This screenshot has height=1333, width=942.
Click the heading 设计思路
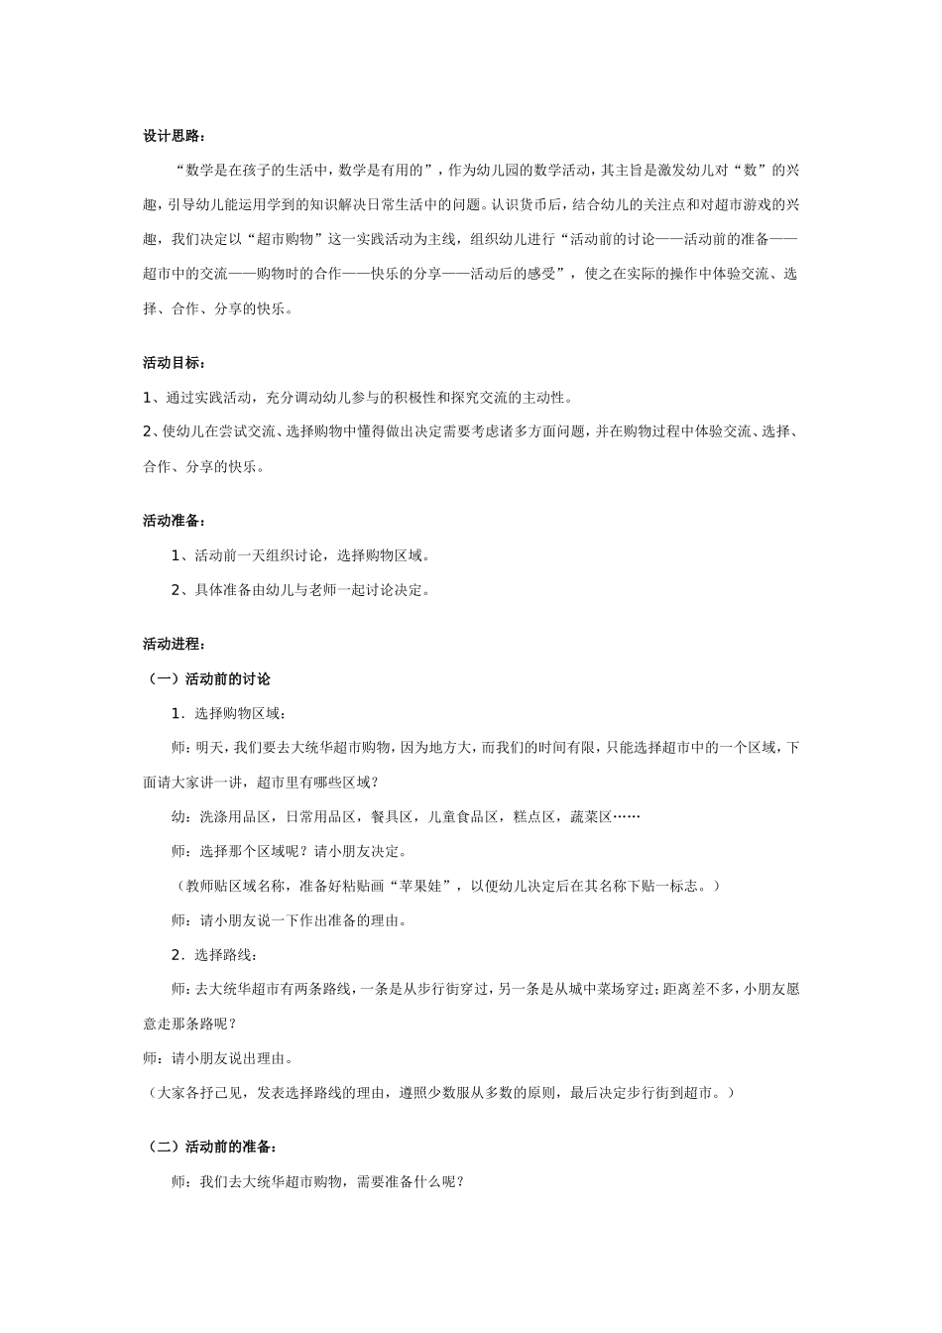(x=174, y=136)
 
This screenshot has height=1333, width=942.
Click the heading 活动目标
(x=174, y=363)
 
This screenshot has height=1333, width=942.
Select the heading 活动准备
(x=174, y=521)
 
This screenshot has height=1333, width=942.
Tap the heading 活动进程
(x=174, y=645)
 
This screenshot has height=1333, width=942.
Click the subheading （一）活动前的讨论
(x=206, y=679)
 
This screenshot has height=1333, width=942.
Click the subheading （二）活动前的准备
(x=206, y=1147)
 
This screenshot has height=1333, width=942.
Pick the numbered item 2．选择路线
(x=215, y=955)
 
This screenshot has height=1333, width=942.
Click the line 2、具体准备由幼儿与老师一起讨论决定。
(x=300, y=590)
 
